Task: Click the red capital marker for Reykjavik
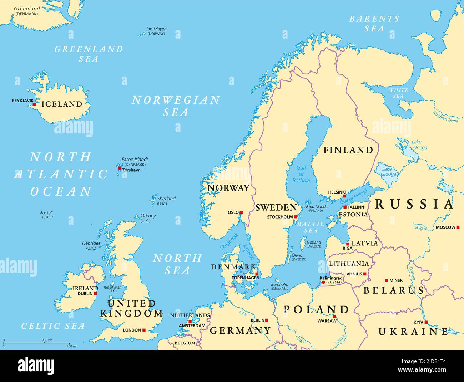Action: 34,104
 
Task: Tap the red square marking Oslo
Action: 241,212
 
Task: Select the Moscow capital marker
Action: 458,227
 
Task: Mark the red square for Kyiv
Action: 426,322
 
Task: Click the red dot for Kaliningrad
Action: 323,283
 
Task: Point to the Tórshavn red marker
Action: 120,168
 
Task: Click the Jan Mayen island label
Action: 156,29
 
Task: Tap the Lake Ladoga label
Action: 389,172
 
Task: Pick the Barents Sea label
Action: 374,24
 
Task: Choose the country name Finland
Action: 348,150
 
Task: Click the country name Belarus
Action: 393,290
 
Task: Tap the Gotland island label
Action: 314,242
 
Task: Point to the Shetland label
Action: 166,199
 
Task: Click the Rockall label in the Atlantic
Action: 46,213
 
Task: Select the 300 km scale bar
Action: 36,344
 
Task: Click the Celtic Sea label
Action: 53,326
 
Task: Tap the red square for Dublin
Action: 95,294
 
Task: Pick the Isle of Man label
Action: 112,287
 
